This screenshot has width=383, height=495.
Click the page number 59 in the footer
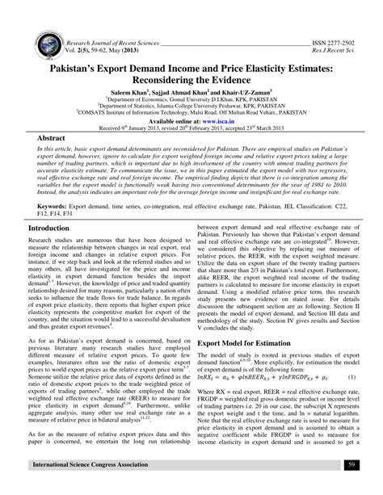click(x=351, y=488)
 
